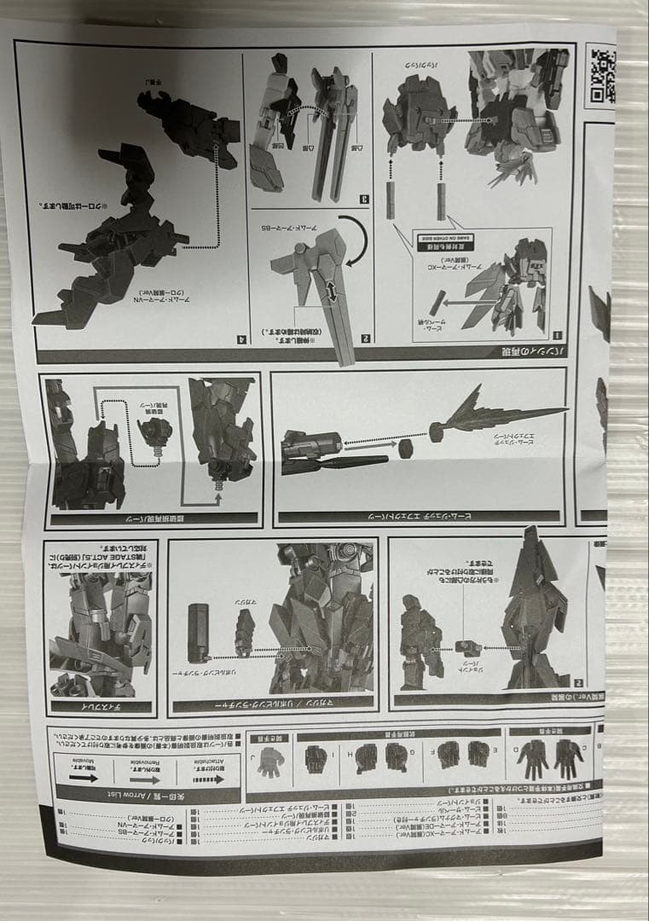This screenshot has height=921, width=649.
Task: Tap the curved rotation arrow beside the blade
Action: (353, 240)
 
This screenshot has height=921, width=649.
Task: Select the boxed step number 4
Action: (241, 339)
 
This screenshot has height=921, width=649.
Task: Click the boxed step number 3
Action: (364, 200)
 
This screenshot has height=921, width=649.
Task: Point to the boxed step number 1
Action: (557, 335)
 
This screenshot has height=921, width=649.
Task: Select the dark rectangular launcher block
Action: (200, 632)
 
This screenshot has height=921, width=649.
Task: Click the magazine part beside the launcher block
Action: (245, 632)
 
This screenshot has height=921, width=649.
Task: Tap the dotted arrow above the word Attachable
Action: (207, 778)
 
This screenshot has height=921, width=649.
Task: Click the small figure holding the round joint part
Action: (422, 640)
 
